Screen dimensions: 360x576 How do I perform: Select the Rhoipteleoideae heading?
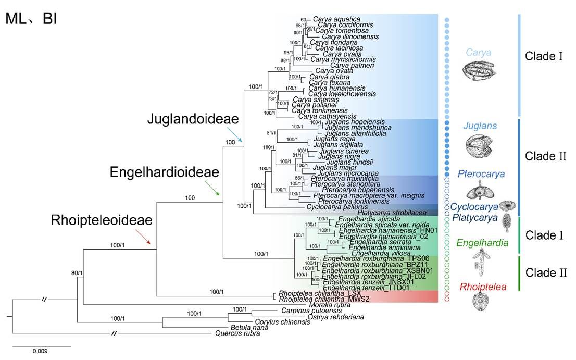click(x=102, y=220)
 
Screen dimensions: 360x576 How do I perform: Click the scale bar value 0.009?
click(x=40, y=351)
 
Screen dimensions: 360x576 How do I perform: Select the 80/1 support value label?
click(x=77, y=272)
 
